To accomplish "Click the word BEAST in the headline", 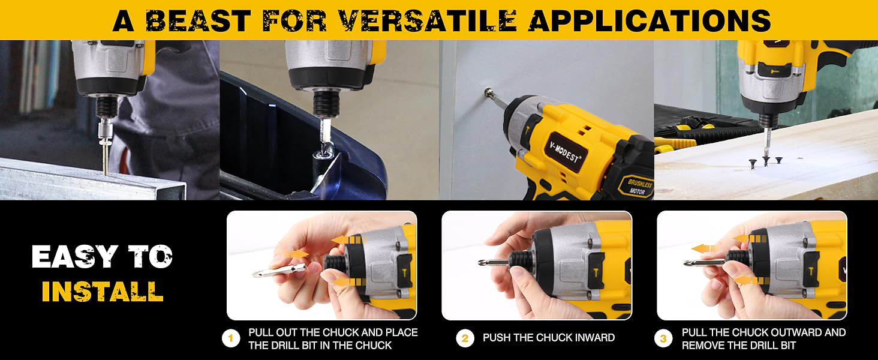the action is (199, 20).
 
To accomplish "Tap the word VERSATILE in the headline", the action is (428, 20).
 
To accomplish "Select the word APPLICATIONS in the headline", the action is (650, 20).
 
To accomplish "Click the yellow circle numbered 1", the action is (231, 338).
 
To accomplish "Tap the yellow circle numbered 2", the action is (465, 338).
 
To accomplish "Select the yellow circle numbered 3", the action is (663, 338).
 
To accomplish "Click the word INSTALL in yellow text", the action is (103, 292).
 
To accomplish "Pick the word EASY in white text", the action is (74, 256).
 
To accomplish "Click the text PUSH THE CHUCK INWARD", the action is (549, 338).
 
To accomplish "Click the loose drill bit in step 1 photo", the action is (279, 270).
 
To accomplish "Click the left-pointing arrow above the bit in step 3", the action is (704, 248).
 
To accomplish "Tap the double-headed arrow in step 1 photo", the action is (295, 254).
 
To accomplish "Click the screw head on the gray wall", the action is (489, 93).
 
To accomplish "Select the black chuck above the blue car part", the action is (326, 103).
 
